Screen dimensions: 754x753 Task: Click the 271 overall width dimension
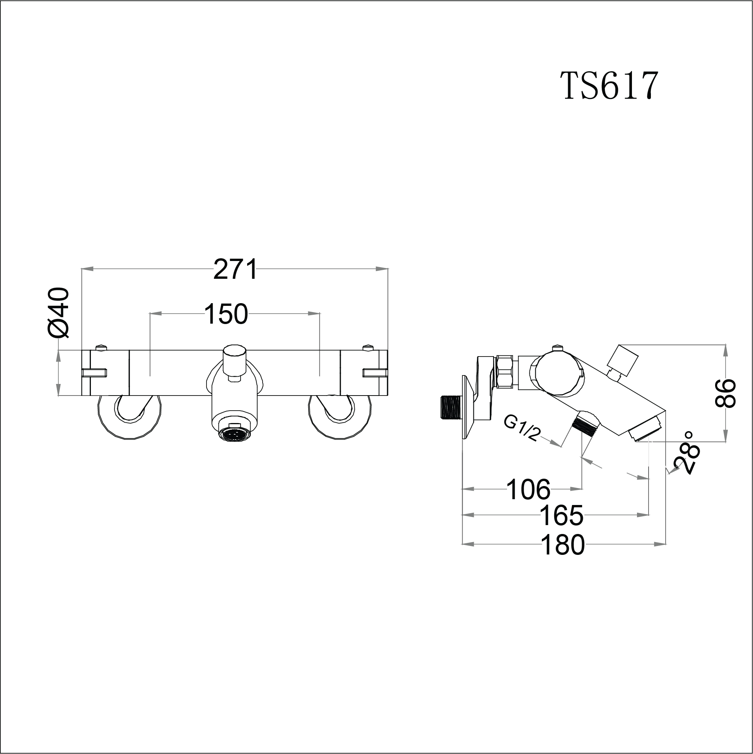(236, 269)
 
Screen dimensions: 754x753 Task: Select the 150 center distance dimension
(226, 314)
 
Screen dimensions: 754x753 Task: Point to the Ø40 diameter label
(58, 312)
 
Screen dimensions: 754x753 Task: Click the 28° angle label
(689, 453)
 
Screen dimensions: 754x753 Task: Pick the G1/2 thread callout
(521, 428)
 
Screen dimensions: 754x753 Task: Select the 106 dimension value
(528, 490)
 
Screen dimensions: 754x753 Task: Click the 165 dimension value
(561, 515)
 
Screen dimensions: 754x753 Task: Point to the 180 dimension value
(563, 545)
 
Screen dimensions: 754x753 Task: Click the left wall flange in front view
(129, 418)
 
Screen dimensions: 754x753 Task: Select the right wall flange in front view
(340, 418)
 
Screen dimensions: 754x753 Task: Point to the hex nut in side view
(507, 371)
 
